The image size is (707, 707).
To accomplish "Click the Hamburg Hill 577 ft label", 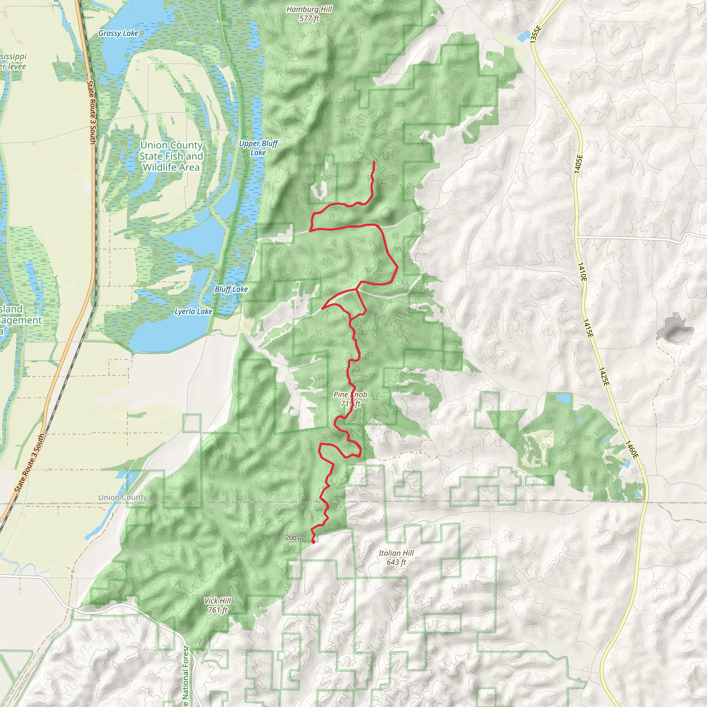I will (309, 13).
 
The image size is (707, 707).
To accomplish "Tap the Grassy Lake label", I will (118, 33).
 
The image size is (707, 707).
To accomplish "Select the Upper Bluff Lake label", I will (258, 148).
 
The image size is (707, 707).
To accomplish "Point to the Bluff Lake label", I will (231, 289).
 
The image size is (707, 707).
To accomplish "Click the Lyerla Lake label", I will (193, 311).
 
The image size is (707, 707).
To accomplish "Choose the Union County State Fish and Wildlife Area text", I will (171, 156).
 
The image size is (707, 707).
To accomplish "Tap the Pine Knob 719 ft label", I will (350, 399).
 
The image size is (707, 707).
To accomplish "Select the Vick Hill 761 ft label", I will (218, 605).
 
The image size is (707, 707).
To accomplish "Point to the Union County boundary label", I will (123, 497).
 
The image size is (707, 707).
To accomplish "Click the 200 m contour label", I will (294, 538).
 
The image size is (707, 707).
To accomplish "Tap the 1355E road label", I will (535, 35).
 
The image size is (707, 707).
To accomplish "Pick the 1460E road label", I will (632, 450).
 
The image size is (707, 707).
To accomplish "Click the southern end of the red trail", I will (313, 542).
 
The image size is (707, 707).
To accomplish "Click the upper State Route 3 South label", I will (92, 112).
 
